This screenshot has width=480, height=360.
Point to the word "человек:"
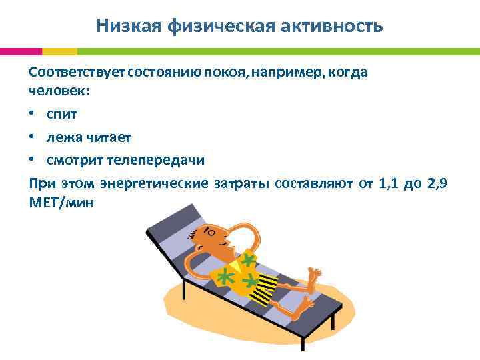tap(59, 91)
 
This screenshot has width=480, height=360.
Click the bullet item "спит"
tap(61, 114)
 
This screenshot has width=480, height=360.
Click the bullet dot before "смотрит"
tap(33, 161)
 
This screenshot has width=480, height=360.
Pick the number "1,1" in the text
tap(389, 183)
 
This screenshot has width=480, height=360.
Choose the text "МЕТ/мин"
tap(62, 203)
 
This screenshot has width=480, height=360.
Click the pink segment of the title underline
tap(21, 51)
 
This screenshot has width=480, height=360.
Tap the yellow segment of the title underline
tap(59, 51)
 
